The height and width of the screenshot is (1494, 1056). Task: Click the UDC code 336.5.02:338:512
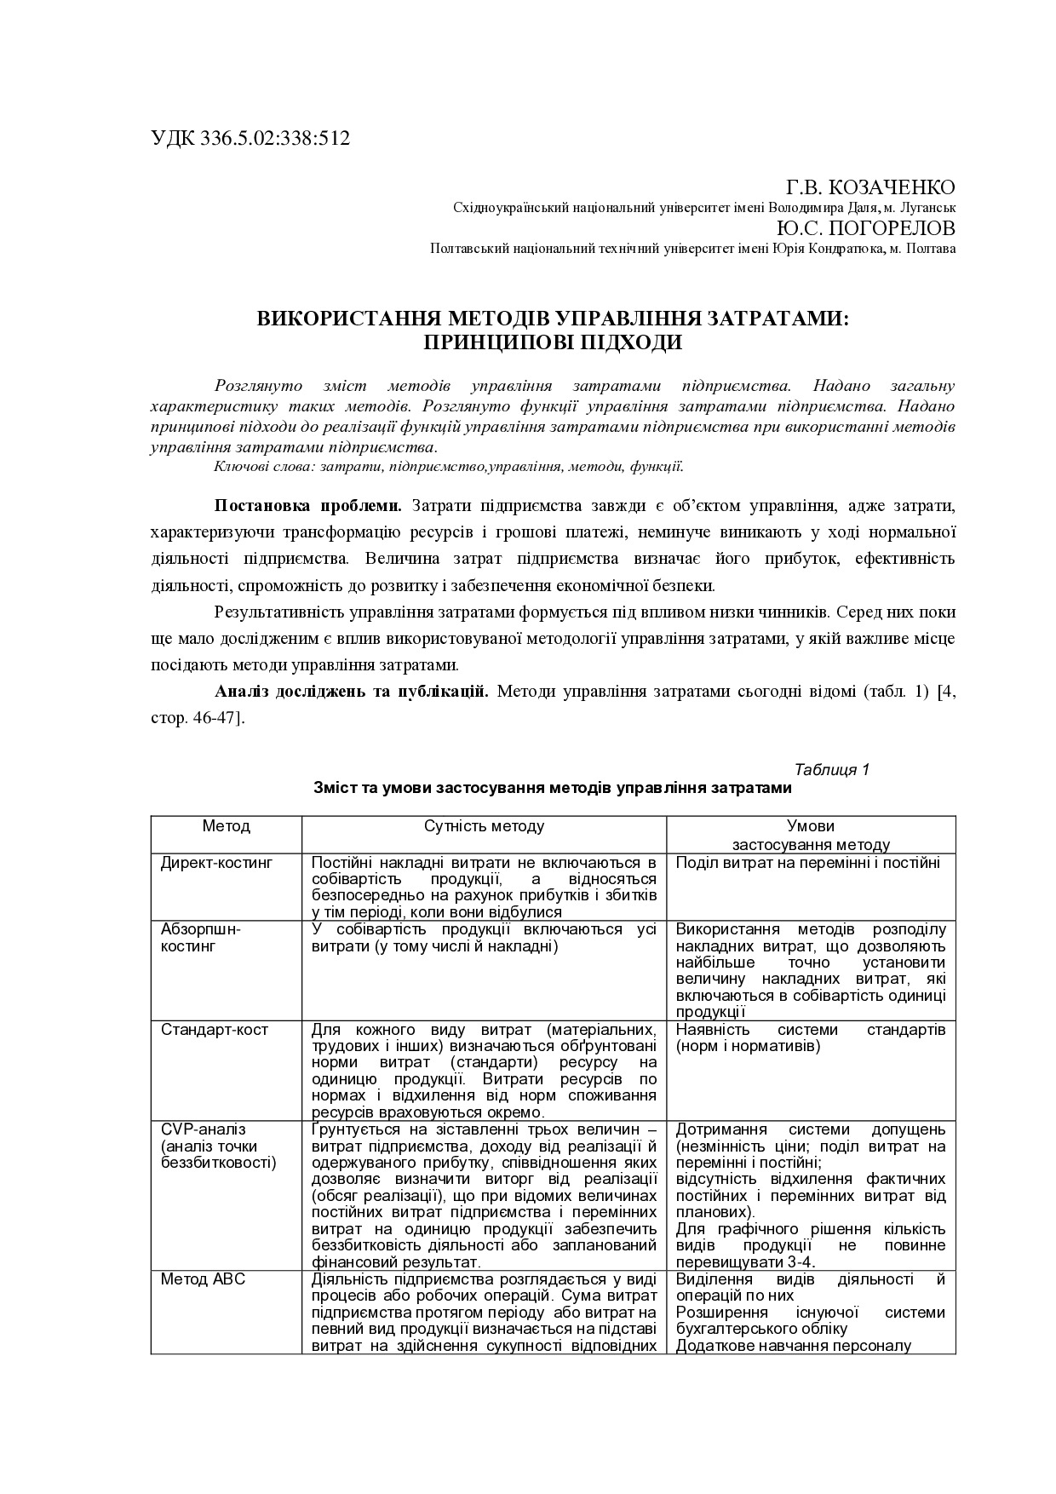click(275, 139)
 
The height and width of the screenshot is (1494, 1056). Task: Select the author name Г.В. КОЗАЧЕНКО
click(869, 188)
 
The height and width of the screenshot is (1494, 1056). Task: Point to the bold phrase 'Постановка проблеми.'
click(308, 506)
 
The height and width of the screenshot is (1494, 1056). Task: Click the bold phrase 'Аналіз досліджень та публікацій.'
click(352, 691)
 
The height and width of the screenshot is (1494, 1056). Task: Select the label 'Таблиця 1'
click(831, 770)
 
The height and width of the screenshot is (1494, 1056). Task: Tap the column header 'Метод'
click(227, 826)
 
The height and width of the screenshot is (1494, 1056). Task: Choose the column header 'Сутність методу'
click(484, 826)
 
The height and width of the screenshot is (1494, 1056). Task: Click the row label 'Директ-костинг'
click(217, 863)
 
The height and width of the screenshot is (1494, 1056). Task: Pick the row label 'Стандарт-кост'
click(214, 1030)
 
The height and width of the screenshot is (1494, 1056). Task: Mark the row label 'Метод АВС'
click(204, 1279)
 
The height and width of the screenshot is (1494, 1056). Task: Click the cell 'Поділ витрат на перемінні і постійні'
click(807, 863)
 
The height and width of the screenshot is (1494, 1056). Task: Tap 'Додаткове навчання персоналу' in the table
click(794, 1346)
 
